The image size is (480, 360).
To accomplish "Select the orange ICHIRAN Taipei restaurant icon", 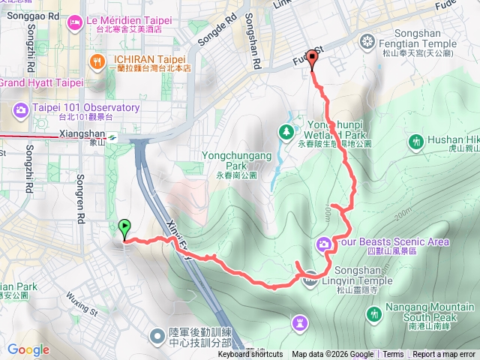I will click(x=96, y=61).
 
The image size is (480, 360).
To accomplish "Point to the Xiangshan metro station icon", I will click(x=111, y=137).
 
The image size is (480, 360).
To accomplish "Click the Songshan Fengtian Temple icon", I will click(x=367, y=40).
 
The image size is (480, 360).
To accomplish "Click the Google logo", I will click(x=28, y=349).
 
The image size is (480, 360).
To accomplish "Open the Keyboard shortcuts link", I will click(x=250, y=355).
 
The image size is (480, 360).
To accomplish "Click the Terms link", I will click(x=393, y=355).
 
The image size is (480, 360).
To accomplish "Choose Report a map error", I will click(x=444, y=355).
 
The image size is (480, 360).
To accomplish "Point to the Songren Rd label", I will click(x=80, y=203).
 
